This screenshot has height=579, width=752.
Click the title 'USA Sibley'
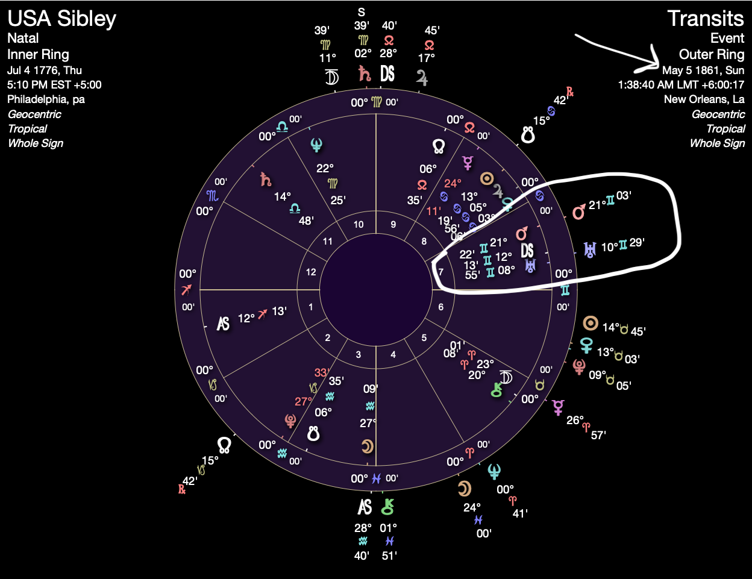point(61,19)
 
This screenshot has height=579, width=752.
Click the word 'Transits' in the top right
point(705,19)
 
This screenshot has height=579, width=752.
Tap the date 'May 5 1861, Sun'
point(703,70)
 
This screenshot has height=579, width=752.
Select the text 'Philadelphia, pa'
point(46,99)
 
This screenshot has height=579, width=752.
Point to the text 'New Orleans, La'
point(704,99)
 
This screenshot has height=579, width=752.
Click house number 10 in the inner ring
point(359,225)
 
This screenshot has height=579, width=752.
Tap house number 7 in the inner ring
point(440,272)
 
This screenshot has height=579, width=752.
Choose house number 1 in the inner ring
point(311,307)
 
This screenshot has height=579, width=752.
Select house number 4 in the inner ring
point(393,355)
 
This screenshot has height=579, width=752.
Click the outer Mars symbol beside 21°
point(578,211)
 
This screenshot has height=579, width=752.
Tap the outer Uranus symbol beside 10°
point(589,249)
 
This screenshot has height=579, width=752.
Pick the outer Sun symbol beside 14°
point(590,324)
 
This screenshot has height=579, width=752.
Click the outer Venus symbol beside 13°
point(586,345)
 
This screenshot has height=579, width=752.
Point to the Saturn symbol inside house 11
point(265,179)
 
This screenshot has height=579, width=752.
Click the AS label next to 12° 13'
point(224,324)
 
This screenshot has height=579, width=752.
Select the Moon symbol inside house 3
point(367,446)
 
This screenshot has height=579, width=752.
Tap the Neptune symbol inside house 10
point(316,145)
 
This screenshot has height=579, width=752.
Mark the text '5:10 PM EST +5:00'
point(54,85)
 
